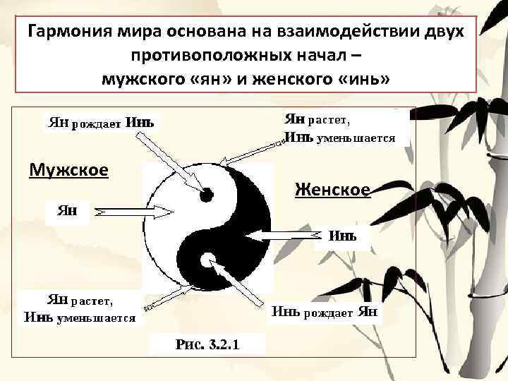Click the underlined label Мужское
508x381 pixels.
click(x=68, y=170)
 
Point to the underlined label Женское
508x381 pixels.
click(x=332, y=189)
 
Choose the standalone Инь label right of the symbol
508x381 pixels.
click(x=343, y=234)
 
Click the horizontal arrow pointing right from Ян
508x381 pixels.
click(x=134, y=211)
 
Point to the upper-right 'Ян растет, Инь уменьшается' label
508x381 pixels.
click(x=339, y=128)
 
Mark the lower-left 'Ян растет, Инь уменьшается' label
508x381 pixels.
click(x=79, y=309)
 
